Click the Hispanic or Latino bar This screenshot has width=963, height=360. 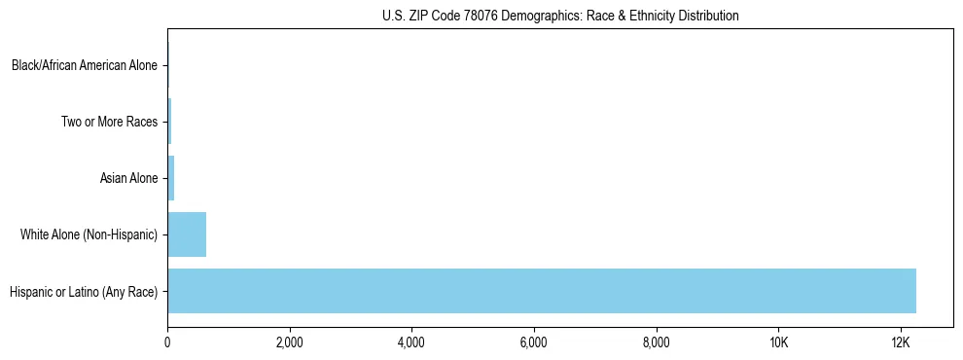542,290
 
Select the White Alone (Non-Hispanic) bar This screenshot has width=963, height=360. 187,234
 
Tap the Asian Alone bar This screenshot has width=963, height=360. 171,178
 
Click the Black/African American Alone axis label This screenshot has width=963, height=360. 85,66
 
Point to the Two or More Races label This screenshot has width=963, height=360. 109,122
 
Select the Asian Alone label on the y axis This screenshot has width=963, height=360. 128,178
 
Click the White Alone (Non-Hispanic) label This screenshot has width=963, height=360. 89,234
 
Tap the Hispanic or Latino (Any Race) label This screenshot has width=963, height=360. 84,291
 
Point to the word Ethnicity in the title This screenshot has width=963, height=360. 649,16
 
